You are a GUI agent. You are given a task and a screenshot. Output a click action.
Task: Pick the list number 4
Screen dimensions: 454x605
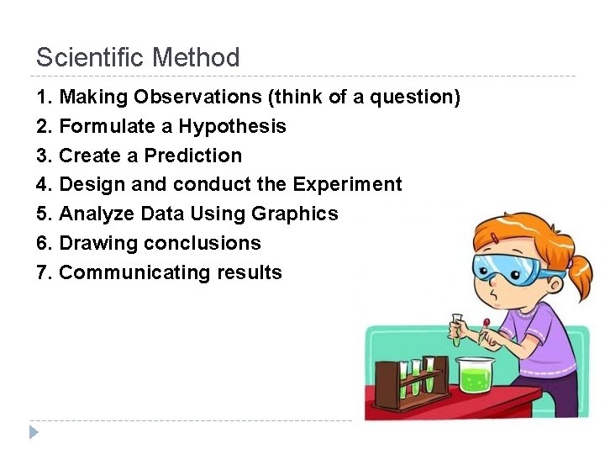(x=44, y=185)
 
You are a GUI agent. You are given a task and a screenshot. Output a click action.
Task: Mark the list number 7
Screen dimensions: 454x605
(x=44, y=273)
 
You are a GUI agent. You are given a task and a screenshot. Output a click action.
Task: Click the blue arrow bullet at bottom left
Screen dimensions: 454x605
(x=34, y=432)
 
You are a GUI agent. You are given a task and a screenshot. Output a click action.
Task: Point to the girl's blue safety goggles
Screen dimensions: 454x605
(x=505, y=267)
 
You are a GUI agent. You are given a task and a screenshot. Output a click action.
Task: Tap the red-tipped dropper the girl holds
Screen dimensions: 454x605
(x=486, y=328)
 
